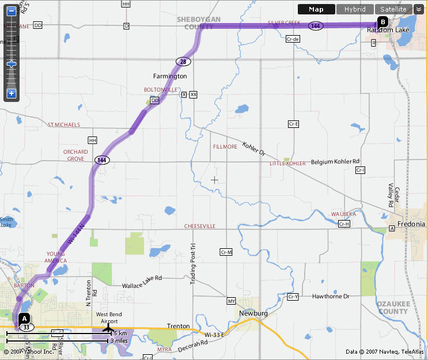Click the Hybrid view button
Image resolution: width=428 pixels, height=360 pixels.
click(x=355, y=9)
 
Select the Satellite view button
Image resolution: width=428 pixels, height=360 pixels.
click(x=393, y=9)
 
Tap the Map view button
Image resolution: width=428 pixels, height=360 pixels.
click(x=316, y=9)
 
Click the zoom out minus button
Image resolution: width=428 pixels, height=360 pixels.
click(x=12, y=10)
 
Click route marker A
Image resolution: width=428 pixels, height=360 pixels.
click(x=24, y=318)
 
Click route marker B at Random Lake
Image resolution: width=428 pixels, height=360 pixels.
click(x=382, y=22)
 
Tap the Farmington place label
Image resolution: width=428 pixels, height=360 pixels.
click(x=170, y=76)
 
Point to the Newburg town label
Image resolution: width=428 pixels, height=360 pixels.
click(x=255, y=313)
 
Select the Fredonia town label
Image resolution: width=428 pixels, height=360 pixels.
click(x=411, y=223)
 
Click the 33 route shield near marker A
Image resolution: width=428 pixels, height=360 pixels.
click(x=26, y=327)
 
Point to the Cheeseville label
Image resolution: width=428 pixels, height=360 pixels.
click(x=199, y=226)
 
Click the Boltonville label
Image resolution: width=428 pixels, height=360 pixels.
click(x=161, y=90)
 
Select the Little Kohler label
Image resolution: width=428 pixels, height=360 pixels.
click(x=287, y=164)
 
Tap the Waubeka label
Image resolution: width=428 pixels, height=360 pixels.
click(x=343, y=214)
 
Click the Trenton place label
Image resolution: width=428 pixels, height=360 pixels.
click(x=178, y=326)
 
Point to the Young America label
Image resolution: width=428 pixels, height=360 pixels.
click(x=56, y=257)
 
